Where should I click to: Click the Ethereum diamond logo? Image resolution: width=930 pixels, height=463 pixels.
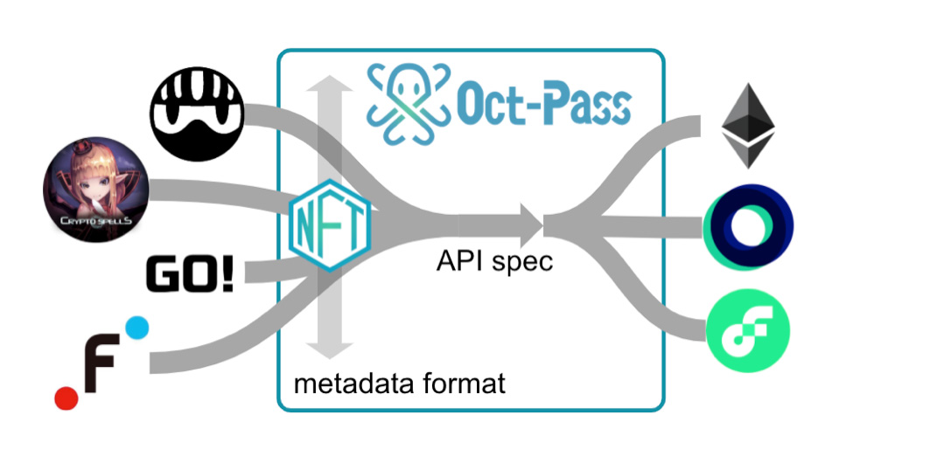[x=747, y=126]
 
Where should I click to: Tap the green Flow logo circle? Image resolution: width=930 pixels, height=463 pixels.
[x=747, y=330]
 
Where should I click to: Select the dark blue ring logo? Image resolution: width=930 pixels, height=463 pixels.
[x=749, y=227]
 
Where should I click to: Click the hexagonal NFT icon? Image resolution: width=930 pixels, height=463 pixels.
[x=330, y=225]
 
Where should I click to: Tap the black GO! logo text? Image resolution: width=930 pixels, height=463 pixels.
[x=190, y=274]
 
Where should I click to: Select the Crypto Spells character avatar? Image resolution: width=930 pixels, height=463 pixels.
[x=95, y=190]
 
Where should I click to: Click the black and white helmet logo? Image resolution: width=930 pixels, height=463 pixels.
[x=197, y=114]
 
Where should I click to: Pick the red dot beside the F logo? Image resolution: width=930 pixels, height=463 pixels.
[x=66, y=397]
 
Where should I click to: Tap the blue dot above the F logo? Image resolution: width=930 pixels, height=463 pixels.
[x=136, y=328]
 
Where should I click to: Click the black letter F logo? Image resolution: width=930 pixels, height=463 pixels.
[x=102, y=363]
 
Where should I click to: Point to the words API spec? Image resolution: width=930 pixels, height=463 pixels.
[x=494, y=262]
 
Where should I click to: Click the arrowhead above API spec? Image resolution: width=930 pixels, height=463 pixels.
[x=531, y=225]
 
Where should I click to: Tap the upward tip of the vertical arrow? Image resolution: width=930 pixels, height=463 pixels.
[x=330, y=76]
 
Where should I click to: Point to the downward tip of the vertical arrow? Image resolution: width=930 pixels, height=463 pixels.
[x=330, y=358]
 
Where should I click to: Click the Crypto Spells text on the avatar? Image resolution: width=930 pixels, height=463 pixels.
[x=95, y=221]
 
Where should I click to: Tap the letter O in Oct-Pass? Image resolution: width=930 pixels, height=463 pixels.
[x=472, y=107]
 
